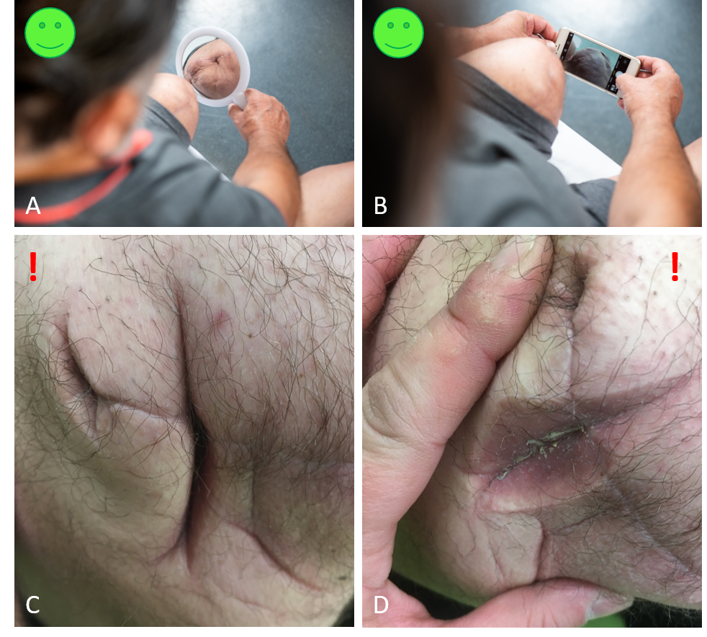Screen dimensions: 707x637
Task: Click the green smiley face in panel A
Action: click(50, 32)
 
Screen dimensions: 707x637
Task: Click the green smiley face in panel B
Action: click(399, 32)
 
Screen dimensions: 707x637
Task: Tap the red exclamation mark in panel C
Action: click(33, 267)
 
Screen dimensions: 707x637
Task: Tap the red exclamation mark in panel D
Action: click(675, 267)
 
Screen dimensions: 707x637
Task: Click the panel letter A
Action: click(33, 205)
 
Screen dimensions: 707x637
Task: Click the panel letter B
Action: click(381, 205)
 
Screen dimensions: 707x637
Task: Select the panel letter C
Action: click(32, 605)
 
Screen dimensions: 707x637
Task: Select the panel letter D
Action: click(381, 605)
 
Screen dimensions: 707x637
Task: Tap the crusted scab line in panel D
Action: click(541, 449)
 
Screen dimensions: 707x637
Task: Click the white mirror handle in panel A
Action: click(240, 101)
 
